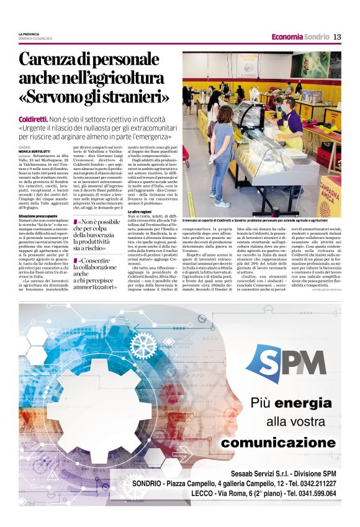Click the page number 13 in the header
[x=337, y=37]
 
